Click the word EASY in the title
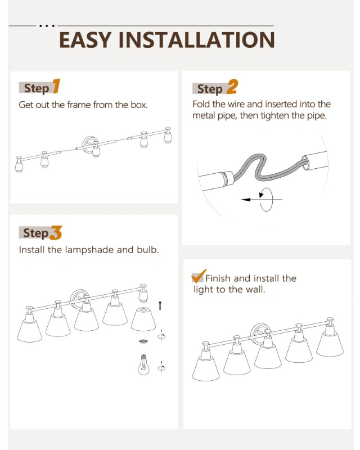[x=85, y=40]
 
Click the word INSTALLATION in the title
[x=197, y=40]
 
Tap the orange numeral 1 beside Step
[x=56, y=86]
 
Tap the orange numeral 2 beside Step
[x=232, y=87]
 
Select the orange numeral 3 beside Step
[x=56, y=233]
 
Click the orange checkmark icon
[x=199, y=276]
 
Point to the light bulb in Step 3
[x=143, y=364]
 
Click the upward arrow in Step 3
[x=160, y=305]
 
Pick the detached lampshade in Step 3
[x=143, y=319]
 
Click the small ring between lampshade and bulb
[x=143, y=341]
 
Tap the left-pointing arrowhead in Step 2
[x=246, y=200]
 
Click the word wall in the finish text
[x=255, y=289]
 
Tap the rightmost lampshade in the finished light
[x=330, y=344]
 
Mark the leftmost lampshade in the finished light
[x=205, y=368]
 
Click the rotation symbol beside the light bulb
[x=161, y=367]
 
